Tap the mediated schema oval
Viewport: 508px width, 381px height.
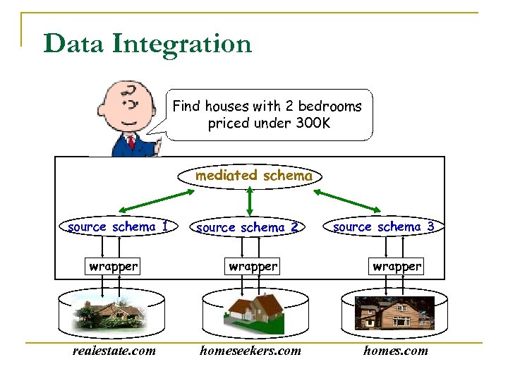coord(253,176)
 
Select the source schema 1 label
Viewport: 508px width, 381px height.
coord(118,227)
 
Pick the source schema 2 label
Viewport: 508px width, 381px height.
coord(248,228)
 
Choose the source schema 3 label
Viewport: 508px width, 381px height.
coord(383,227)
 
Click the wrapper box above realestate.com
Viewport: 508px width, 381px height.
coord(114,267)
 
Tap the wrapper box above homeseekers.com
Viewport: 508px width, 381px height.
coord(253,267)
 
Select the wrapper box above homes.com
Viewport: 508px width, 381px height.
coord(397,267)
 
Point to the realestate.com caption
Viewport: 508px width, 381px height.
coord(114,351)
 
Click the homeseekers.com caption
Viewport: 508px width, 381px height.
coord(250,351)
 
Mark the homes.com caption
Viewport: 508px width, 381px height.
coord(395,351)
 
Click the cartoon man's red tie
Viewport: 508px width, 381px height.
coord(131,144)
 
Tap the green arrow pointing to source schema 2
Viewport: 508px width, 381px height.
coord(249,201)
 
